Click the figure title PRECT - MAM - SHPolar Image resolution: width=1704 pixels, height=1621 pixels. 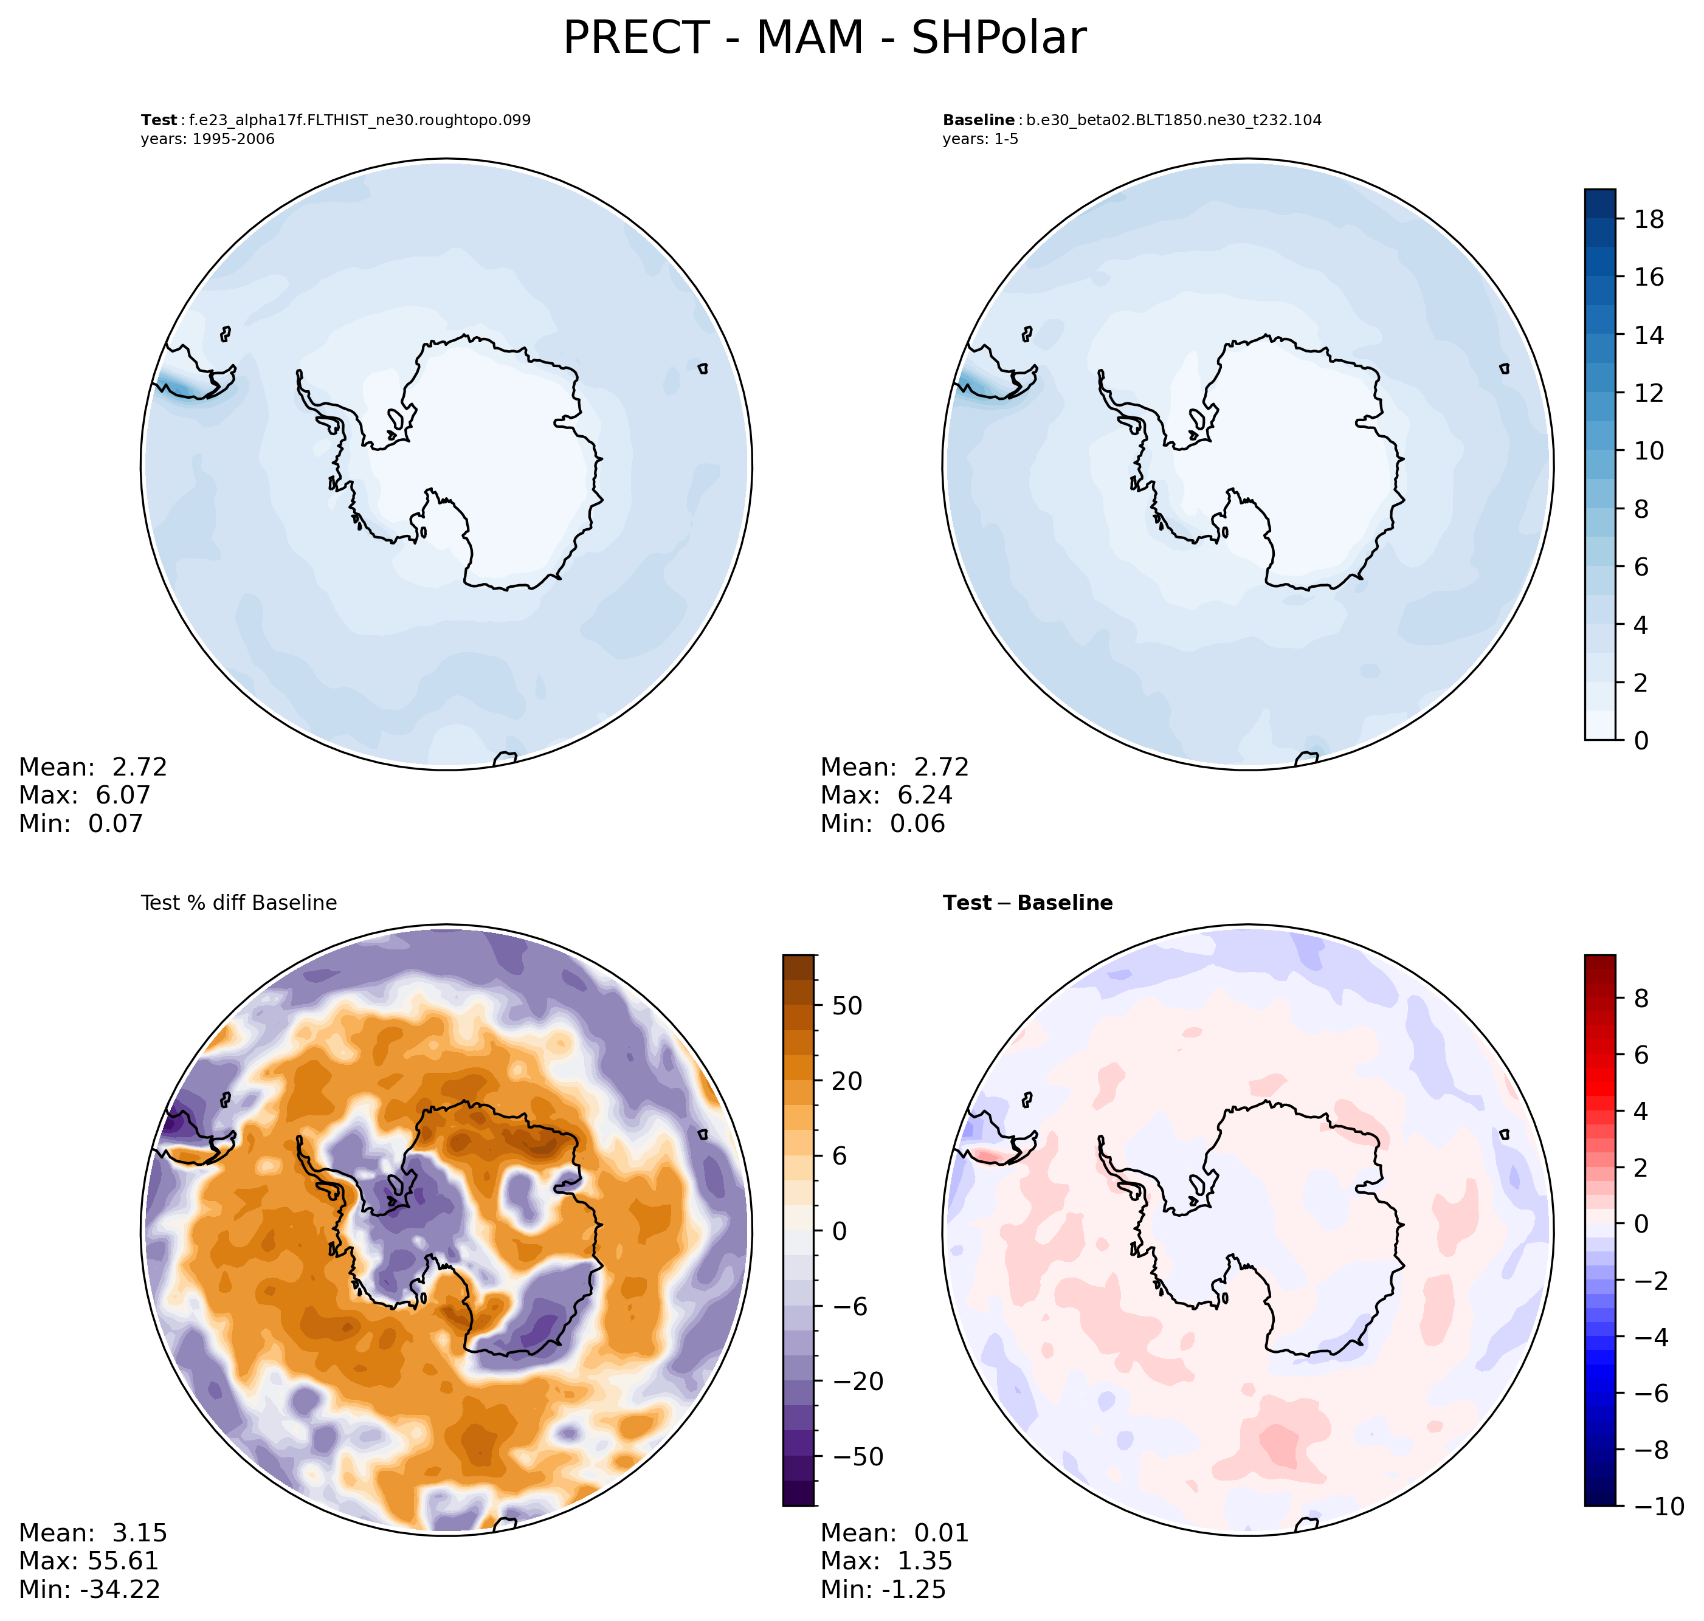(x=824, y=39)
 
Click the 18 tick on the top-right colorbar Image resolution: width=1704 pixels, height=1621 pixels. (x=1649, y=219)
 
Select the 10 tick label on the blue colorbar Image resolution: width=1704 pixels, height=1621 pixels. (x=1649, y=451)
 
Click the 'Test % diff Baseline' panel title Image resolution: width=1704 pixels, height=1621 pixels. (x=238, y=903)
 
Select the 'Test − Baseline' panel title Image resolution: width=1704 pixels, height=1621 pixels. (x=1027, y=903)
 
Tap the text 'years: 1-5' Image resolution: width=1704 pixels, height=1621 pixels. (x=980, y=139)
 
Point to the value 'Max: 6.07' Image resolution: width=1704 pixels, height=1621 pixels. (x=85, y=795)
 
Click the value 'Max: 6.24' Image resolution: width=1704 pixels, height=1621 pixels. (x=886, y=795)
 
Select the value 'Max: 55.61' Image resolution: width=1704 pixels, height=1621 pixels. (x=89, y=1560)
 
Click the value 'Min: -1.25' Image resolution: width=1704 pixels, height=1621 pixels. (x=883, y=1589)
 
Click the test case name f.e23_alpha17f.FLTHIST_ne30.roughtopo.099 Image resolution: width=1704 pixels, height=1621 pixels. (x=359, y=120)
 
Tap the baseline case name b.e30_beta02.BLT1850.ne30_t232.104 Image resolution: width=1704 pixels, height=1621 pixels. (x=1173, y=120)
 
